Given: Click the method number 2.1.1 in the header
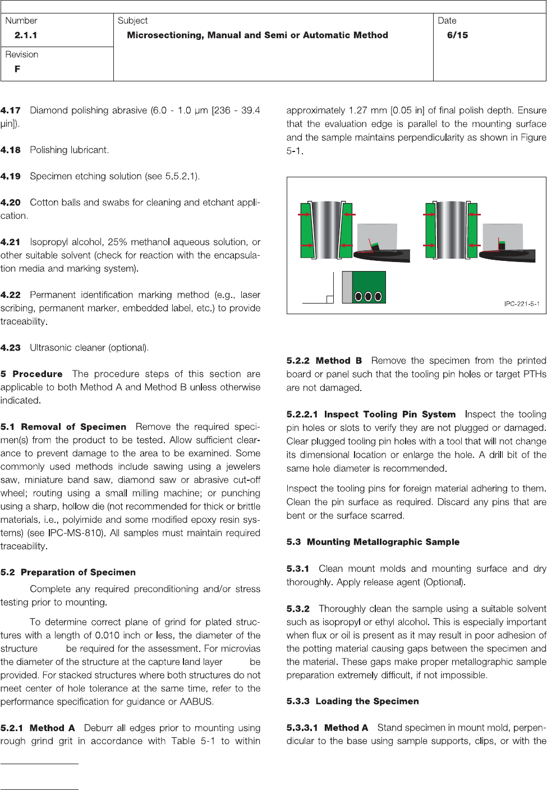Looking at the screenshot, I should (x=26, y=35).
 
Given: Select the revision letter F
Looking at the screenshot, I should (x=17, y=69).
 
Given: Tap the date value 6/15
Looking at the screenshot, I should (x=457, y=35).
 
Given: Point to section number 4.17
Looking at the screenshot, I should (x=11, y=111).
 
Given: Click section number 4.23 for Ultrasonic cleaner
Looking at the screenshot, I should (x=11, y=348).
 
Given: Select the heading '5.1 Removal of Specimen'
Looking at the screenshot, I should (x=63, y=427).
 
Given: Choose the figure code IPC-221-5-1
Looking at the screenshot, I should (x=521, y=304).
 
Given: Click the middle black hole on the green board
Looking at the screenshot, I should (x=369, y=296).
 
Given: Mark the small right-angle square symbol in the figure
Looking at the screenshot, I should (x=330, y=299).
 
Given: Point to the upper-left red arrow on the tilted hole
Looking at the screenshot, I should (x=305, y=214).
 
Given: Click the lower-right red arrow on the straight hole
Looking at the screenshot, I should (x=474, y=245).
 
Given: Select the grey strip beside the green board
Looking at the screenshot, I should (x=347, y=287).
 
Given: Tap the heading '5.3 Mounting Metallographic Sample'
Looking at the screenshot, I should (x=373, y=542).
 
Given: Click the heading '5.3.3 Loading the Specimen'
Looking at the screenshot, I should (x=352, y=701).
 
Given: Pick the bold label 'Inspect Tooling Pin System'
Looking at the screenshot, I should (x=389, y=415).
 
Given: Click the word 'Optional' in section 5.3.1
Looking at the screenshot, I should (x=444, y=582).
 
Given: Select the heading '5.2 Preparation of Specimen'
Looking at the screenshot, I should (x=68, y=572).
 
